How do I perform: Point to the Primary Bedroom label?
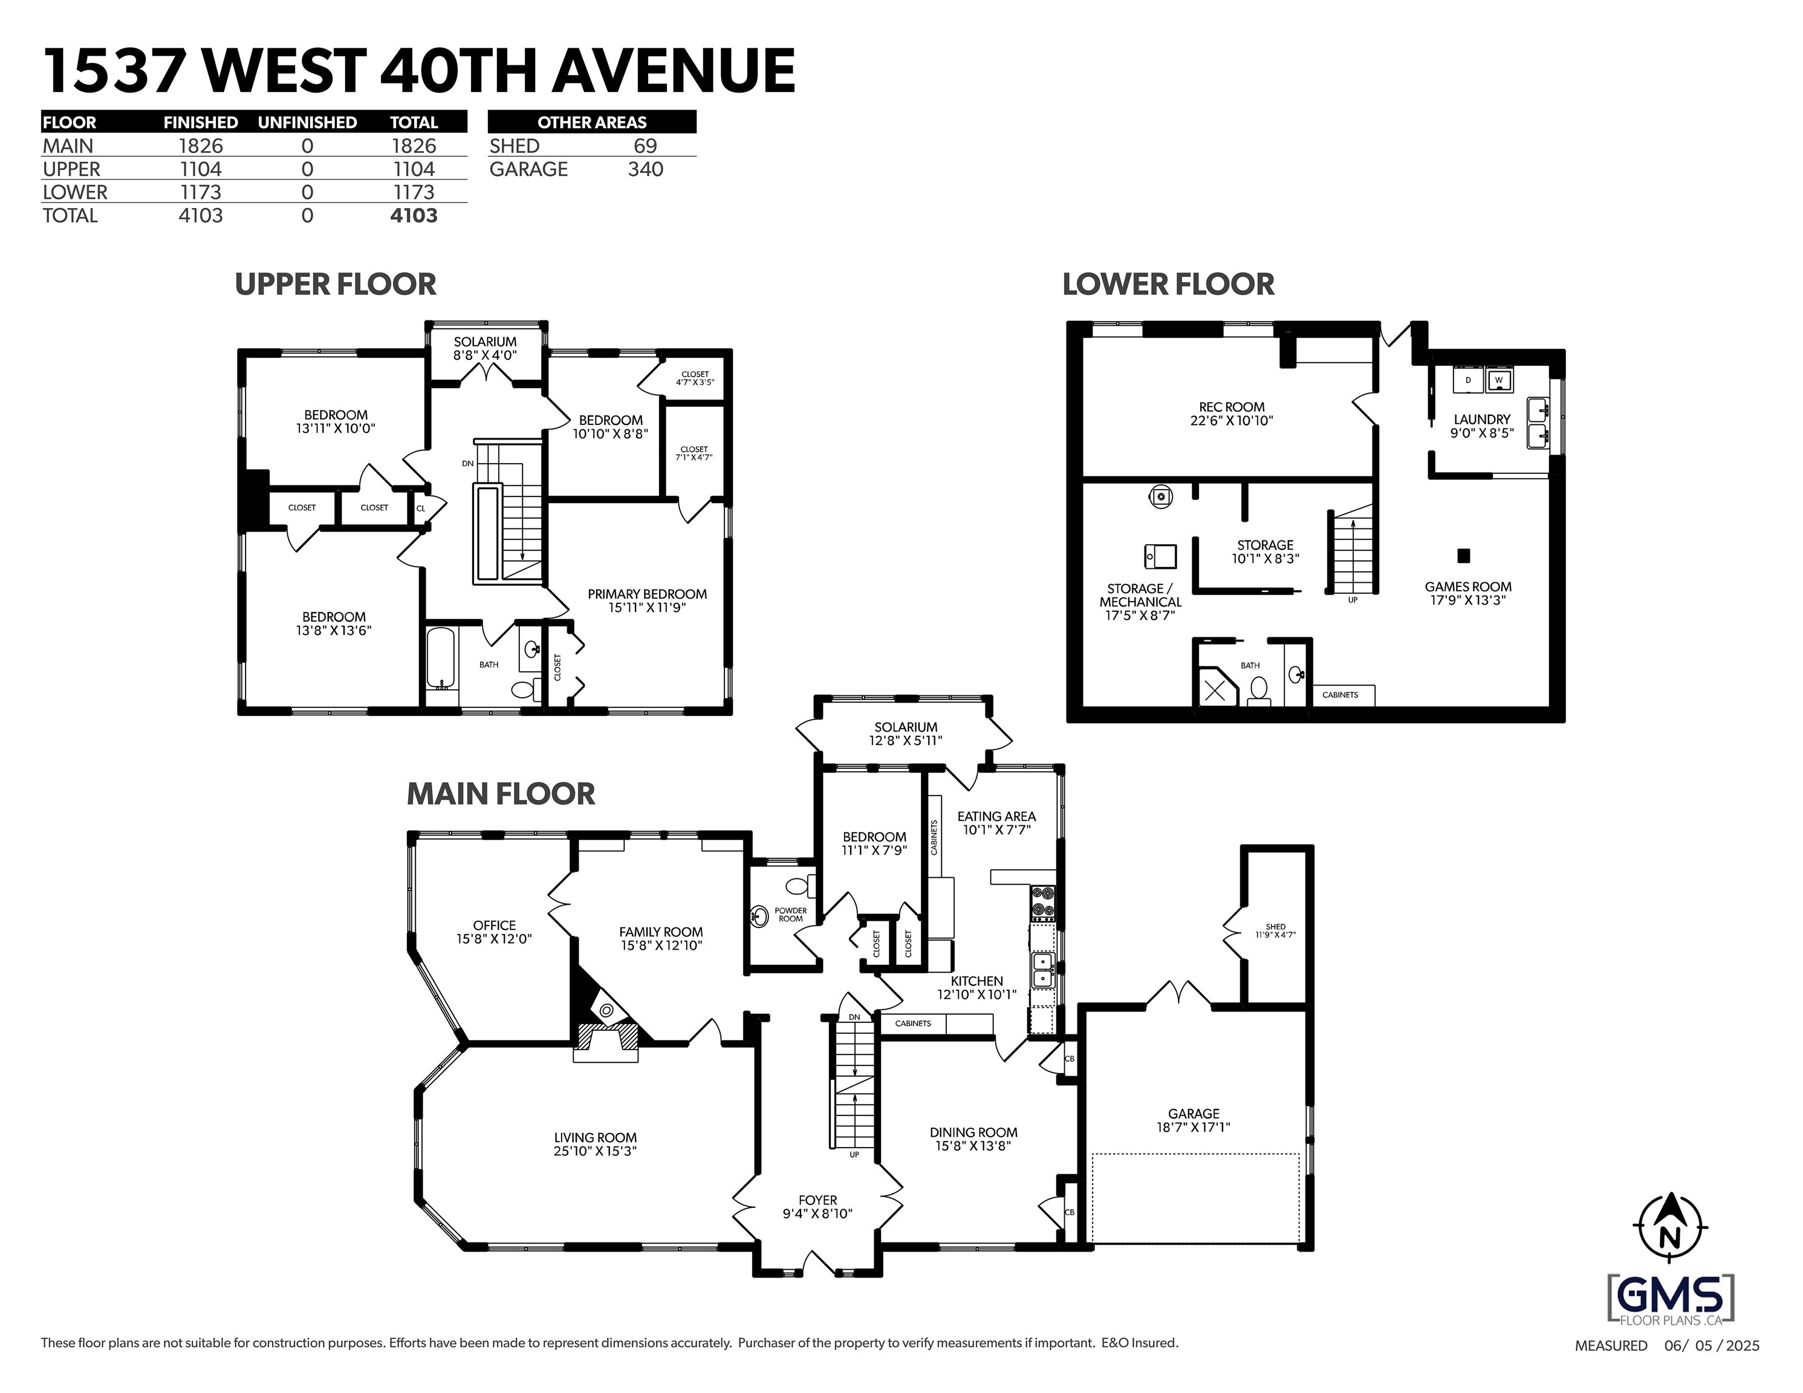point(647,600)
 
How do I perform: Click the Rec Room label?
point(1232,414)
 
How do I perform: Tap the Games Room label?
point(1468,594)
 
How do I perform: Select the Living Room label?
point(595,1145)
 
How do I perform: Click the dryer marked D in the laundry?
point(1468,380)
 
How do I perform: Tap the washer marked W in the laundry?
point(1498,380)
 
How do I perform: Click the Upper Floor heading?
point(335,284)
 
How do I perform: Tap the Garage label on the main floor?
point(1194,1120)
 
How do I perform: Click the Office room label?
point(495,932)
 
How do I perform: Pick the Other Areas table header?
point(592,122)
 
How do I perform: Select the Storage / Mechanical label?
point(1140,602)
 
